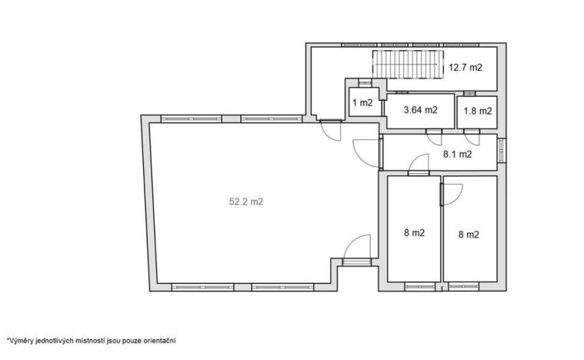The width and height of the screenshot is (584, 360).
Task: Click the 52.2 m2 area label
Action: (245, 202)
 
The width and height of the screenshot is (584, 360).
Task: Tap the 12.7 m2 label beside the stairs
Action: (465, 68)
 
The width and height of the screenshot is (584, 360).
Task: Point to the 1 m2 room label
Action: (362, 103)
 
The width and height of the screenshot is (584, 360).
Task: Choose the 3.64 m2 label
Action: (421, 110)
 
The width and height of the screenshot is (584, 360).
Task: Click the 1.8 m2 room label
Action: (477, 111)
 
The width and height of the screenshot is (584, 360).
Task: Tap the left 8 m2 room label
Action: (414, 233)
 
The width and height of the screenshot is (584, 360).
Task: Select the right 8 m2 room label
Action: (469, 234)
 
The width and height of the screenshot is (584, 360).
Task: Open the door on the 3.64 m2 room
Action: (434, 139)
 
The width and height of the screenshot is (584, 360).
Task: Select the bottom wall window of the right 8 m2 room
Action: (464, 287)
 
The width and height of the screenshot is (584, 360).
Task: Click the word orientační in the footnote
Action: (160, 338)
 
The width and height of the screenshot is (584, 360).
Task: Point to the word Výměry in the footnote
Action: (18, 338)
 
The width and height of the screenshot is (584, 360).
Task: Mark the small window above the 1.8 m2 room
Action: (469, 93)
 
